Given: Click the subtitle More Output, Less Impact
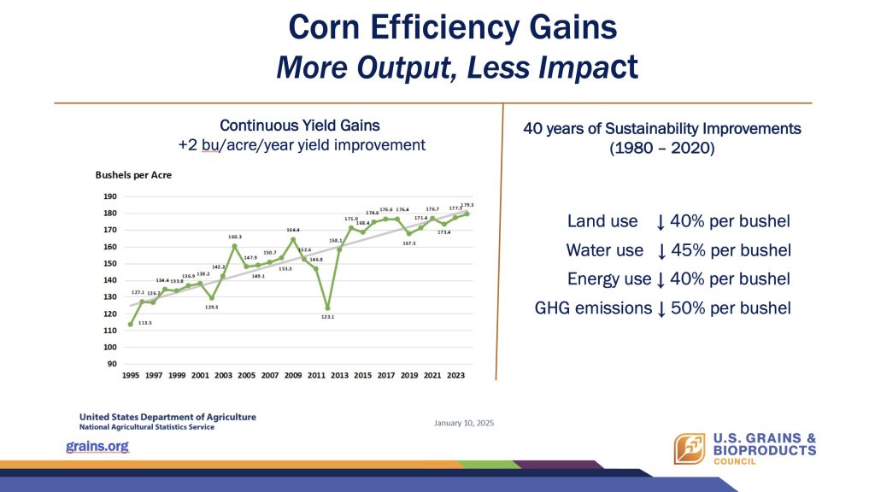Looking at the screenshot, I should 456,67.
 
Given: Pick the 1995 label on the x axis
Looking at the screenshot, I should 130,374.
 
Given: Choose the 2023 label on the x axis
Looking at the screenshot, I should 455,374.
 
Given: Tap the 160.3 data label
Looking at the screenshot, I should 236,237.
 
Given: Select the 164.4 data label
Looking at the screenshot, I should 293,230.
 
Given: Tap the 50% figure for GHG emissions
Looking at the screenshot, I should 690,308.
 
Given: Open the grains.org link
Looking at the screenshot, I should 97,447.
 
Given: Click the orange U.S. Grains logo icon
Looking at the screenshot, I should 689,449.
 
